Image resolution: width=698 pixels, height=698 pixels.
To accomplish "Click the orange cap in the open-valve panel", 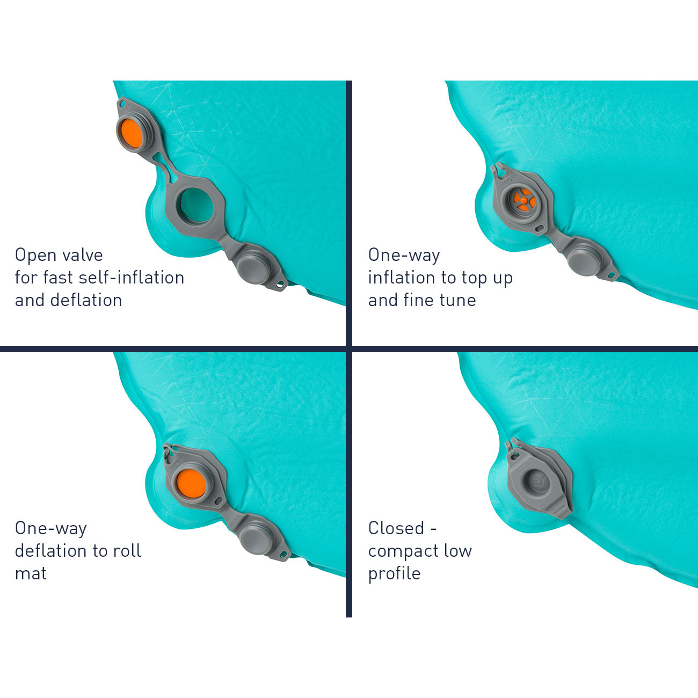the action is pos(130,134).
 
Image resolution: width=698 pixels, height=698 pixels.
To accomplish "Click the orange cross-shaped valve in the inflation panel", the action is pos(524,200).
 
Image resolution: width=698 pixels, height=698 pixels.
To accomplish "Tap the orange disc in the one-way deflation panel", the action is pos(191,484).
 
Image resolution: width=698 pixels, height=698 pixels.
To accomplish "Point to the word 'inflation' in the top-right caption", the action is pos(402,278).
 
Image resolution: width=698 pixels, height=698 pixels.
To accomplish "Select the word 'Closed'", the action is pos(396,528).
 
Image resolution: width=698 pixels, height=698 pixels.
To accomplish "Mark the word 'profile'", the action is pos(395,574).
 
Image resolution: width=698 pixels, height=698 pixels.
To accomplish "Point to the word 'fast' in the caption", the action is pos(58,278).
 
